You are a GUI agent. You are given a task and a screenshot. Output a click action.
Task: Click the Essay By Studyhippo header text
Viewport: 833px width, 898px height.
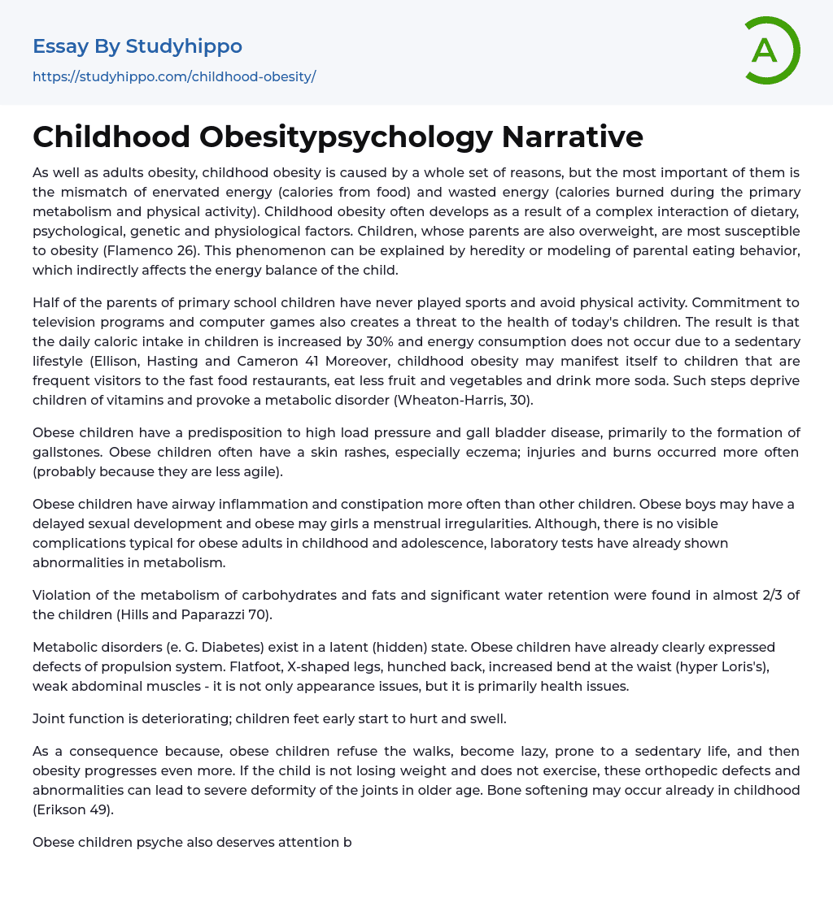tap(137, 46)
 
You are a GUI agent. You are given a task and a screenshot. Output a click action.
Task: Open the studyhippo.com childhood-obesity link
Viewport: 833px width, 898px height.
tap(174, 77)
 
